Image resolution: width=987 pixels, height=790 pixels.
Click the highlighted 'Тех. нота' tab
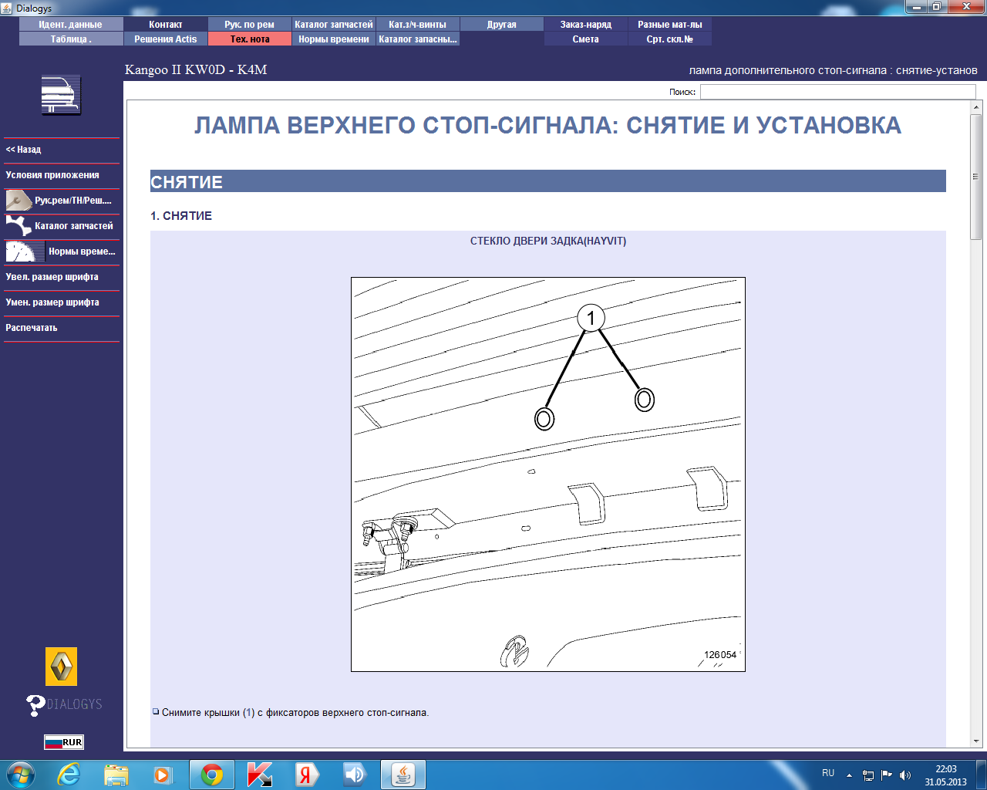(x=250, y=39)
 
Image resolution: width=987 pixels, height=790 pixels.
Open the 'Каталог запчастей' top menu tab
(x=333, y=25)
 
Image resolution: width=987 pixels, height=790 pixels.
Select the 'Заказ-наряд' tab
(x=585, y=25)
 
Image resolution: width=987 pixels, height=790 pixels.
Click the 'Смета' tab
(x=585, y=39)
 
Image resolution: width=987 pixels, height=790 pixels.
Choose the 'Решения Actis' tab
(x=165, y=39)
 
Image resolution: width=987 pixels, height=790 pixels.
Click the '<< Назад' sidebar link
(x=23, y=150)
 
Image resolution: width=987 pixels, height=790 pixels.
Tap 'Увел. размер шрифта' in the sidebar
(x=52, y=277)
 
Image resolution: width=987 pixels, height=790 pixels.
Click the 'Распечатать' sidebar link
(x=31, y=328)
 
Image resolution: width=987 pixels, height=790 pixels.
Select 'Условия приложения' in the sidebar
(x=52, y=175)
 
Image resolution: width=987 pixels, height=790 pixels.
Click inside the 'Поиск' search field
(x=837, y=92)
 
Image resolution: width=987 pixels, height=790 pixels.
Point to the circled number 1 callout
(x=591, y=318)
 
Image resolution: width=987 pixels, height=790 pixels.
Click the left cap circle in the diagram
(x=544, y=419)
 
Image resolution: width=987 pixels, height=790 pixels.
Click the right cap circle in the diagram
(x=644, y=400)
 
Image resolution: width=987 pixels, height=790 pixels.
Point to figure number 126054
(x=719, y=654)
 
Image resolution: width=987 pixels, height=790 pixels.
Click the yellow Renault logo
(x=61, y=666)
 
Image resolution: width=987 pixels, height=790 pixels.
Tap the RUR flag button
(x=64, y=742)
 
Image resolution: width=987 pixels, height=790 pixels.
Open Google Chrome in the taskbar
(x=211, y=775)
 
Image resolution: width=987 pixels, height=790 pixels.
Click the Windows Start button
(x=21, y=775)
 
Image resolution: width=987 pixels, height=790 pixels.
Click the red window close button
(x=966, y=6)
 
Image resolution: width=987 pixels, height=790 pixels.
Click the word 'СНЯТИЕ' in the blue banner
(x=186, y=182)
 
